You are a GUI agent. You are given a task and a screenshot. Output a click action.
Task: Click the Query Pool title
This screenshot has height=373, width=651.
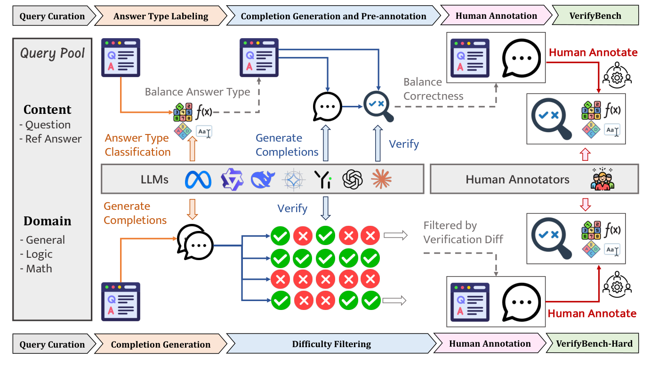pyautogui.click(x=52, y=53)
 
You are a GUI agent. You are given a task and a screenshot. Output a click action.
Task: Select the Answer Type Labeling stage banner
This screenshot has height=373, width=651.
pyautogui.click(x=161, y=16)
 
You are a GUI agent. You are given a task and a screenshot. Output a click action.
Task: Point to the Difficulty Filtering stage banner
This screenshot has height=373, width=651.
pyautogui.click(x=331, y=344)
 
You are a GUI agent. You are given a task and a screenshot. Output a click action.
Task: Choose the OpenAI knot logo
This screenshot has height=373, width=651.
pyautogui.click(x=353, y=179)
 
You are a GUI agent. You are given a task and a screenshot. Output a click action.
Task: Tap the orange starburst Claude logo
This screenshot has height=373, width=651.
pyautogui.click(x=381, y=179)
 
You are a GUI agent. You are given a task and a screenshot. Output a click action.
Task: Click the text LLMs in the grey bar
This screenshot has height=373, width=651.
pyautogui.click(x=154, y=179)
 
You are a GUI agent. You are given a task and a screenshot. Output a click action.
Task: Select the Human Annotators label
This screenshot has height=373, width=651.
pyautogui.click(x=517, y=179)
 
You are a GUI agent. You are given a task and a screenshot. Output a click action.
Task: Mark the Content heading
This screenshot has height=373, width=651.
pyautogui.click(x=48, y=110)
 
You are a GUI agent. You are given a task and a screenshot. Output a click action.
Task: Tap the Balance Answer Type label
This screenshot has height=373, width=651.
pyautogui.click(x=197, y=92)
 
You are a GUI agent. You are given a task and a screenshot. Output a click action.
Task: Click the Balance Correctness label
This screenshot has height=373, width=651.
pyautogui.click(x=433, y=89)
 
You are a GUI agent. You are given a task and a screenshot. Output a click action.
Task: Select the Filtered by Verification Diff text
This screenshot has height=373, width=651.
pyautogui.click(x=463, y=232)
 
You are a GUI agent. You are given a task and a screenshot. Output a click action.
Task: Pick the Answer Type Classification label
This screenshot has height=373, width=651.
pyautogui.click(x=137, y=145)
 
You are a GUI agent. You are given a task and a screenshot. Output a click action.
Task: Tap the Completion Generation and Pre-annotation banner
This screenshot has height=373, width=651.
pyautogui.click(x=333, y=16)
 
